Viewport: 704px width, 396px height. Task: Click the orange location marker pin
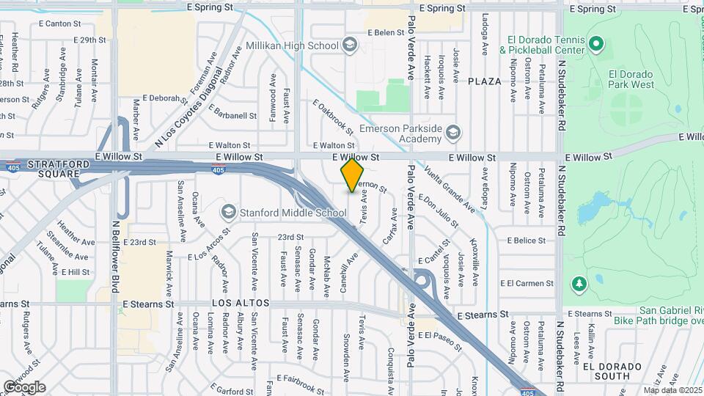click(x=353, y=175)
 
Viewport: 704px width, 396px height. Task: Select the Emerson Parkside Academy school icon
click(x=453, y=132)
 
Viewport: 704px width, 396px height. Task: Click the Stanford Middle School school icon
click(x=229, y=213)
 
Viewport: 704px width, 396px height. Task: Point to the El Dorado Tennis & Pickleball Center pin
click(x=596, y=44)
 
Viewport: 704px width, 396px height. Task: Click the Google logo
click(x=24, y=386)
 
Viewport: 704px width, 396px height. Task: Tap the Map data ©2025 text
click(x=672, y=390)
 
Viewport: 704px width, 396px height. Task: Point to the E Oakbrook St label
click(x=333, y=117)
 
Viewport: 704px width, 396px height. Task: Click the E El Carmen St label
click(x=526, y=283)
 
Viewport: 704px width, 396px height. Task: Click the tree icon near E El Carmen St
click(x=579, y=283)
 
